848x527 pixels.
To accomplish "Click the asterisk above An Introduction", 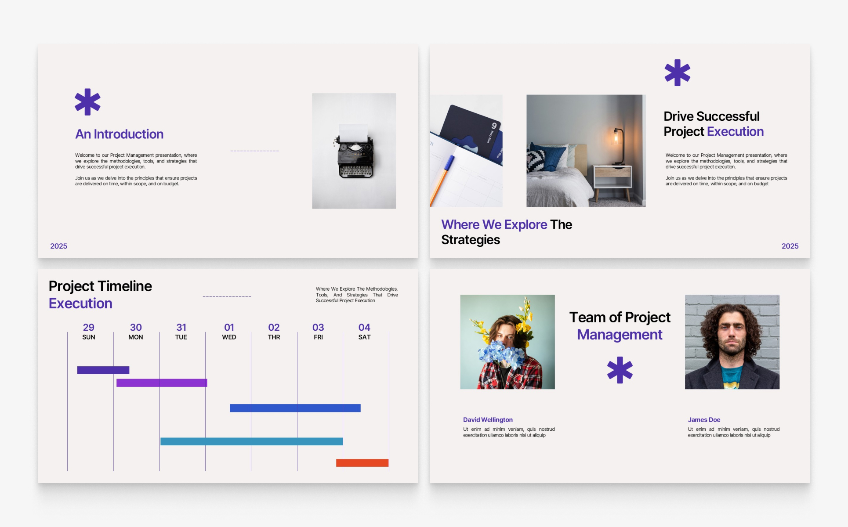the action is tap(87, 102).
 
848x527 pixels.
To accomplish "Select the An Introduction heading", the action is tap(119, 134).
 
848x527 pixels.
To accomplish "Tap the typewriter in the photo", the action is tap(355, 151).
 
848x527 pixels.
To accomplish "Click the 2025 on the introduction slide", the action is tap(58, 246).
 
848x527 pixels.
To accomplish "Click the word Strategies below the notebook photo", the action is tap(471, 240).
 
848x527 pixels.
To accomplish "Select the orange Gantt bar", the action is tap(362, 463).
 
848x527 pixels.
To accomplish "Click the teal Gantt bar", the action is tap(251, 441).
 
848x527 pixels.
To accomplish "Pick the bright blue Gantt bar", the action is tap(295, 408).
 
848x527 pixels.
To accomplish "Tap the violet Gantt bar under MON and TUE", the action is tap(162, 383).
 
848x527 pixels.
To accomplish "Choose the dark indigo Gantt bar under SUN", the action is tap(103, 370).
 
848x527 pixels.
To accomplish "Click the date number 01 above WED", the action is tap(229, 327).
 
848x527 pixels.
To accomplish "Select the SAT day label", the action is tap(364, 337).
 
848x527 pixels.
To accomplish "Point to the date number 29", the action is tap(88, 327).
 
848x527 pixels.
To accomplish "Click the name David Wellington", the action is tap(488, 420).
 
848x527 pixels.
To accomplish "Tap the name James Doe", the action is tap(704, 420).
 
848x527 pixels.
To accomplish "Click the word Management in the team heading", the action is tap(620, 335).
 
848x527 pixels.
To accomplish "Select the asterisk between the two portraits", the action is tap(620, 370).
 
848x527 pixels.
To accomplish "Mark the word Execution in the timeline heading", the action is tap(80, 303).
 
